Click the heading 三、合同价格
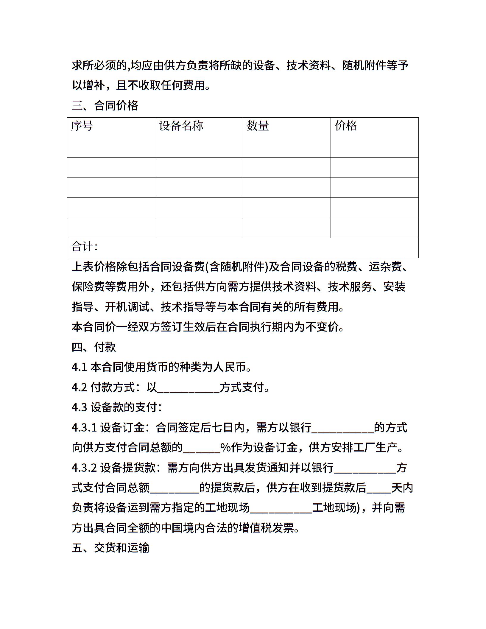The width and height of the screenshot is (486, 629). pyautogui.click(x=105, y=106)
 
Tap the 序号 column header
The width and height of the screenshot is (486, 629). pyautogui.click(x=82, y=126)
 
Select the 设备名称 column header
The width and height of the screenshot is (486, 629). pyautogui.click(x=181, y=126)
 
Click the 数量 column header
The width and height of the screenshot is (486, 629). pyautogui.click(x=258, y=126)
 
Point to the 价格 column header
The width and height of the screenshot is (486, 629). pyautogui.click(x=346, y=126)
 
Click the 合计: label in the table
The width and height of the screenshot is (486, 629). pyautogui.click(x=84, y=247)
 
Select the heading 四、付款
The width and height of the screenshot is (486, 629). pyautogui.click(x=94, y=347)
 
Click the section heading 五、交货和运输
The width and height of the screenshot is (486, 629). pyautogui.click(x=110, y=548)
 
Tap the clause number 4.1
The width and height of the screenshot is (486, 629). pyautogui.click(x=79, y=367)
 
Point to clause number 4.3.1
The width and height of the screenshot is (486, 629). pyautogui.click(x=84, y=428)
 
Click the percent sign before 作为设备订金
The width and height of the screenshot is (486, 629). pyautogui.click(x=225, y=448)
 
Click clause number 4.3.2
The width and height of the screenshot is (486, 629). pyautogui.click(x=84, y=468)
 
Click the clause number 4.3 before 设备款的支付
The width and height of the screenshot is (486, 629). pyautogui.click(x=79, y=407)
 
